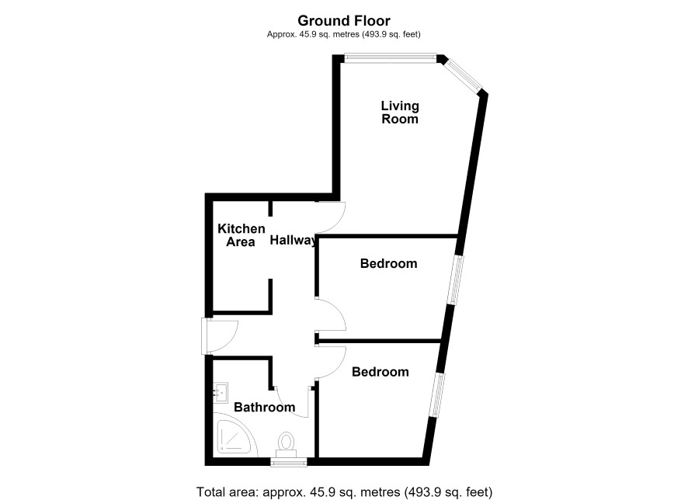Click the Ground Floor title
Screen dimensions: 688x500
click(x=343, y=21)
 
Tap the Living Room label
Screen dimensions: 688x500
click(x=400, y=113)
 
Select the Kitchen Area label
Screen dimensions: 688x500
click(x=241, y=235)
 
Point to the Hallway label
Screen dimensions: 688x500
click(x=293, y=241)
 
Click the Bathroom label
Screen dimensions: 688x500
click(x=264, y=407)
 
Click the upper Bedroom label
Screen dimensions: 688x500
click(x=388, y=263)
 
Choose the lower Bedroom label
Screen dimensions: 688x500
click(x=380, y=372)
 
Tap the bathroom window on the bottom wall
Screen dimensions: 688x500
click(x=288, y=462)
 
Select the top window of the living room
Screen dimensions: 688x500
click(x=390, y=58)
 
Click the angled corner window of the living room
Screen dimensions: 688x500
click(x=463, y=75)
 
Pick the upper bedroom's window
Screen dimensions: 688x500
click(x=455, y=280)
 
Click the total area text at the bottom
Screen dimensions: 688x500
click(x=345, y=491)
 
